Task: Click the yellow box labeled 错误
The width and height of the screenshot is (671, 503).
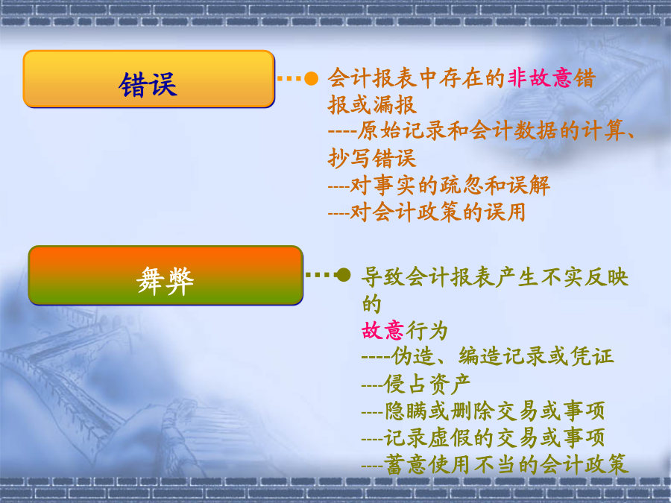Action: tap(148, 79)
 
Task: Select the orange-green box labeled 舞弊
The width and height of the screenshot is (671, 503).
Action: tap(166, 276)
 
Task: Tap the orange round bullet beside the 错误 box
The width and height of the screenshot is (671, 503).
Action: tap(311, 78)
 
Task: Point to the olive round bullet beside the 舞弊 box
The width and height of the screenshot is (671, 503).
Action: tap(343, 274)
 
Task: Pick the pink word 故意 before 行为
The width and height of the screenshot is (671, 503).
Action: tap(382, 331)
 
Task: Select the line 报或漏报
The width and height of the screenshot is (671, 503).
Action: tap(372, 105)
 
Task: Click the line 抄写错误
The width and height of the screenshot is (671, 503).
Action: tap(372, 158)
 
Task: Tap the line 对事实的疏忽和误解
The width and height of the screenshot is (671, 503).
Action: tap(438, 186)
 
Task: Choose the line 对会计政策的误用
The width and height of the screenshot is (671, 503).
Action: tap(426, 212)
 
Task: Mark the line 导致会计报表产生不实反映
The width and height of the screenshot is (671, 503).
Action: tap(495, 277)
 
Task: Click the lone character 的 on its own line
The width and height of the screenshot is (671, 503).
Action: tap(371, 304)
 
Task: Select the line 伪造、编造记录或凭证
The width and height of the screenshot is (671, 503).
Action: tap(488, 356)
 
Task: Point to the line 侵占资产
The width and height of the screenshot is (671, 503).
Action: tap(416, 384)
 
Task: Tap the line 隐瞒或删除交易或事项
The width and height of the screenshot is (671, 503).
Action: tap(483, 411)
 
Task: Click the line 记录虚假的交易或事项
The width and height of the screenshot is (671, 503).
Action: tap(483, 437)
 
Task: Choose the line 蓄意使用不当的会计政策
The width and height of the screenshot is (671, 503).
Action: tap(495, 464)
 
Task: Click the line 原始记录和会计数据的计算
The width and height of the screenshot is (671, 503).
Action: tap(481, 131)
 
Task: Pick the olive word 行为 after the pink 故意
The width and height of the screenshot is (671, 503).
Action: tap(426, 331)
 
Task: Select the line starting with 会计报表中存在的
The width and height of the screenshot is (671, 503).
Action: tap(461, 78)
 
